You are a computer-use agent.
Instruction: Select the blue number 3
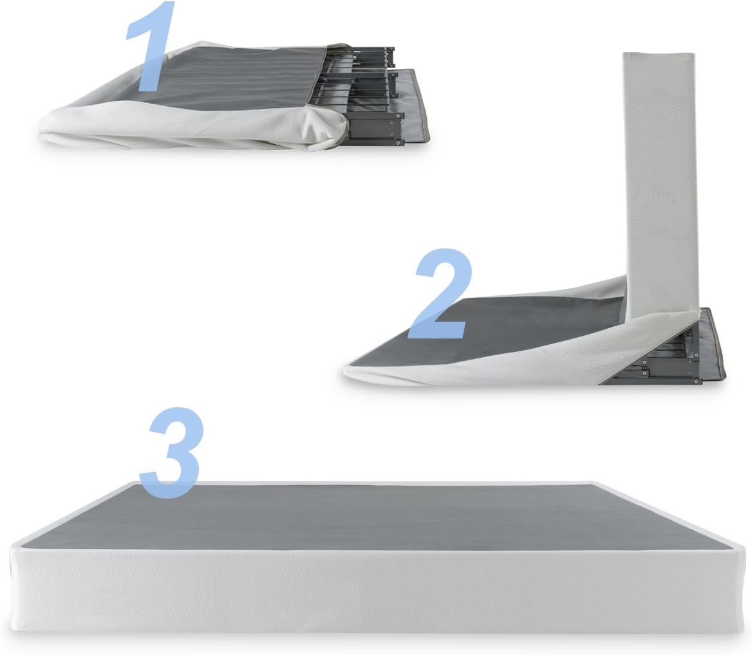(171, 452)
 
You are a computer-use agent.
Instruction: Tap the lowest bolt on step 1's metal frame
(399, 143)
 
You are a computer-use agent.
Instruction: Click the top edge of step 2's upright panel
(659, 53)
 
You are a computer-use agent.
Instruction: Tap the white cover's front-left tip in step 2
(346, 370)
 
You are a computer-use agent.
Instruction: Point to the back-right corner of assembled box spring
(596, 483)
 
